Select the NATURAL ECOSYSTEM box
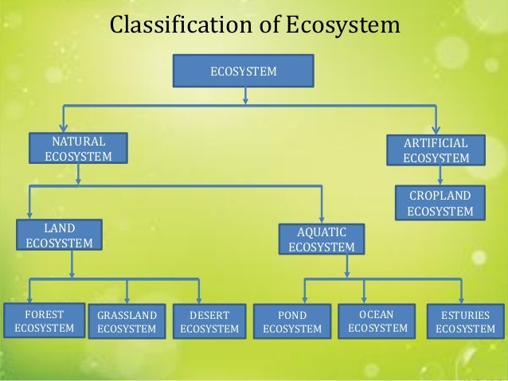78,149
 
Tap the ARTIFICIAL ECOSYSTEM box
436,150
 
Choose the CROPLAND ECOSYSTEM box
440,203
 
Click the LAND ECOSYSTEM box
59,235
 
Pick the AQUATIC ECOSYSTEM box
322,239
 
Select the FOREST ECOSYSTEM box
44,321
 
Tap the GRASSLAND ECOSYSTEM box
127,321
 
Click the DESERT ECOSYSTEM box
209,321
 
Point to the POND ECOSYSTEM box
292,321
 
